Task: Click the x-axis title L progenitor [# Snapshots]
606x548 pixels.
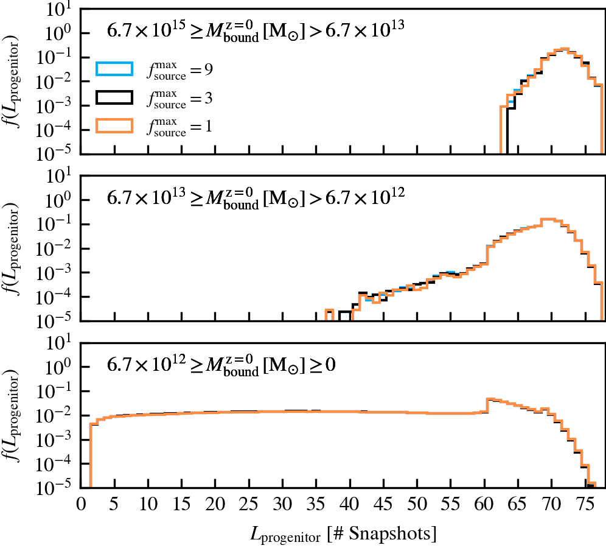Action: pyautogui.click(x=343, y=534)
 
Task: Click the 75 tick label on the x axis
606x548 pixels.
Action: pyautogui.click(x=584, y=504)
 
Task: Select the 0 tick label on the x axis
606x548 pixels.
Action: pyautogui.click(x=81, y=504)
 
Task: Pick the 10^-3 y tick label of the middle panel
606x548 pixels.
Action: pyautogui.click(x=58, y=273)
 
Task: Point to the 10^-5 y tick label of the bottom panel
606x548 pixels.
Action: pyautogui.click(x=58, y=488)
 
